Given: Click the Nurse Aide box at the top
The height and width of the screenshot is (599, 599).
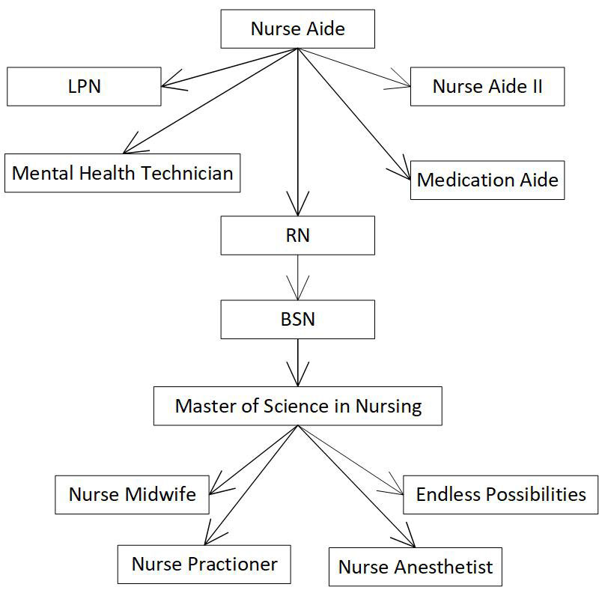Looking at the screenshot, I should pos(297,29).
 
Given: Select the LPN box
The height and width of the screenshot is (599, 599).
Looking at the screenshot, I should pos(84,86).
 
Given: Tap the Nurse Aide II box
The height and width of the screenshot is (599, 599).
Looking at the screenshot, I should pos(487,86).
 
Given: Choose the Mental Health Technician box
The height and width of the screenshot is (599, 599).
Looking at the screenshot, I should pos(123,173).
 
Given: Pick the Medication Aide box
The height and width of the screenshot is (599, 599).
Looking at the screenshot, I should pos(487,180).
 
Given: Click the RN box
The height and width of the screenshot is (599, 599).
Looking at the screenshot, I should pos(297,235).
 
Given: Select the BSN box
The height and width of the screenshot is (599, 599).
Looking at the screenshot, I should pos(297,319).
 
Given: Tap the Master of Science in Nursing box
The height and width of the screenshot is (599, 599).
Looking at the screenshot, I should pos(298,406).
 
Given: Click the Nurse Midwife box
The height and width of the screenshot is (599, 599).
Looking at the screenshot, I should pos(133,494).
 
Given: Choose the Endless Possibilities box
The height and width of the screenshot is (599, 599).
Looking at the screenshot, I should pos(500,494).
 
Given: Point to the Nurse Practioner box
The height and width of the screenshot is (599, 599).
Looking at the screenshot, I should pos(204,564).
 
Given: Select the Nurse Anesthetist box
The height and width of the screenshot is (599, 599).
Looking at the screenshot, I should pos(416,567).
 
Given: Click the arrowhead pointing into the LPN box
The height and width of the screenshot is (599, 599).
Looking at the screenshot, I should pos(172,82).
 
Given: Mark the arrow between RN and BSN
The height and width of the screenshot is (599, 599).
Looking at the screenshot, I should pos(298,277).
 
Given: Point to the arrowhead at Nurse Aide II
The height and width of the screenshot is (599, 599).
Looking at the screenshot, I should pos(401,82).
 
